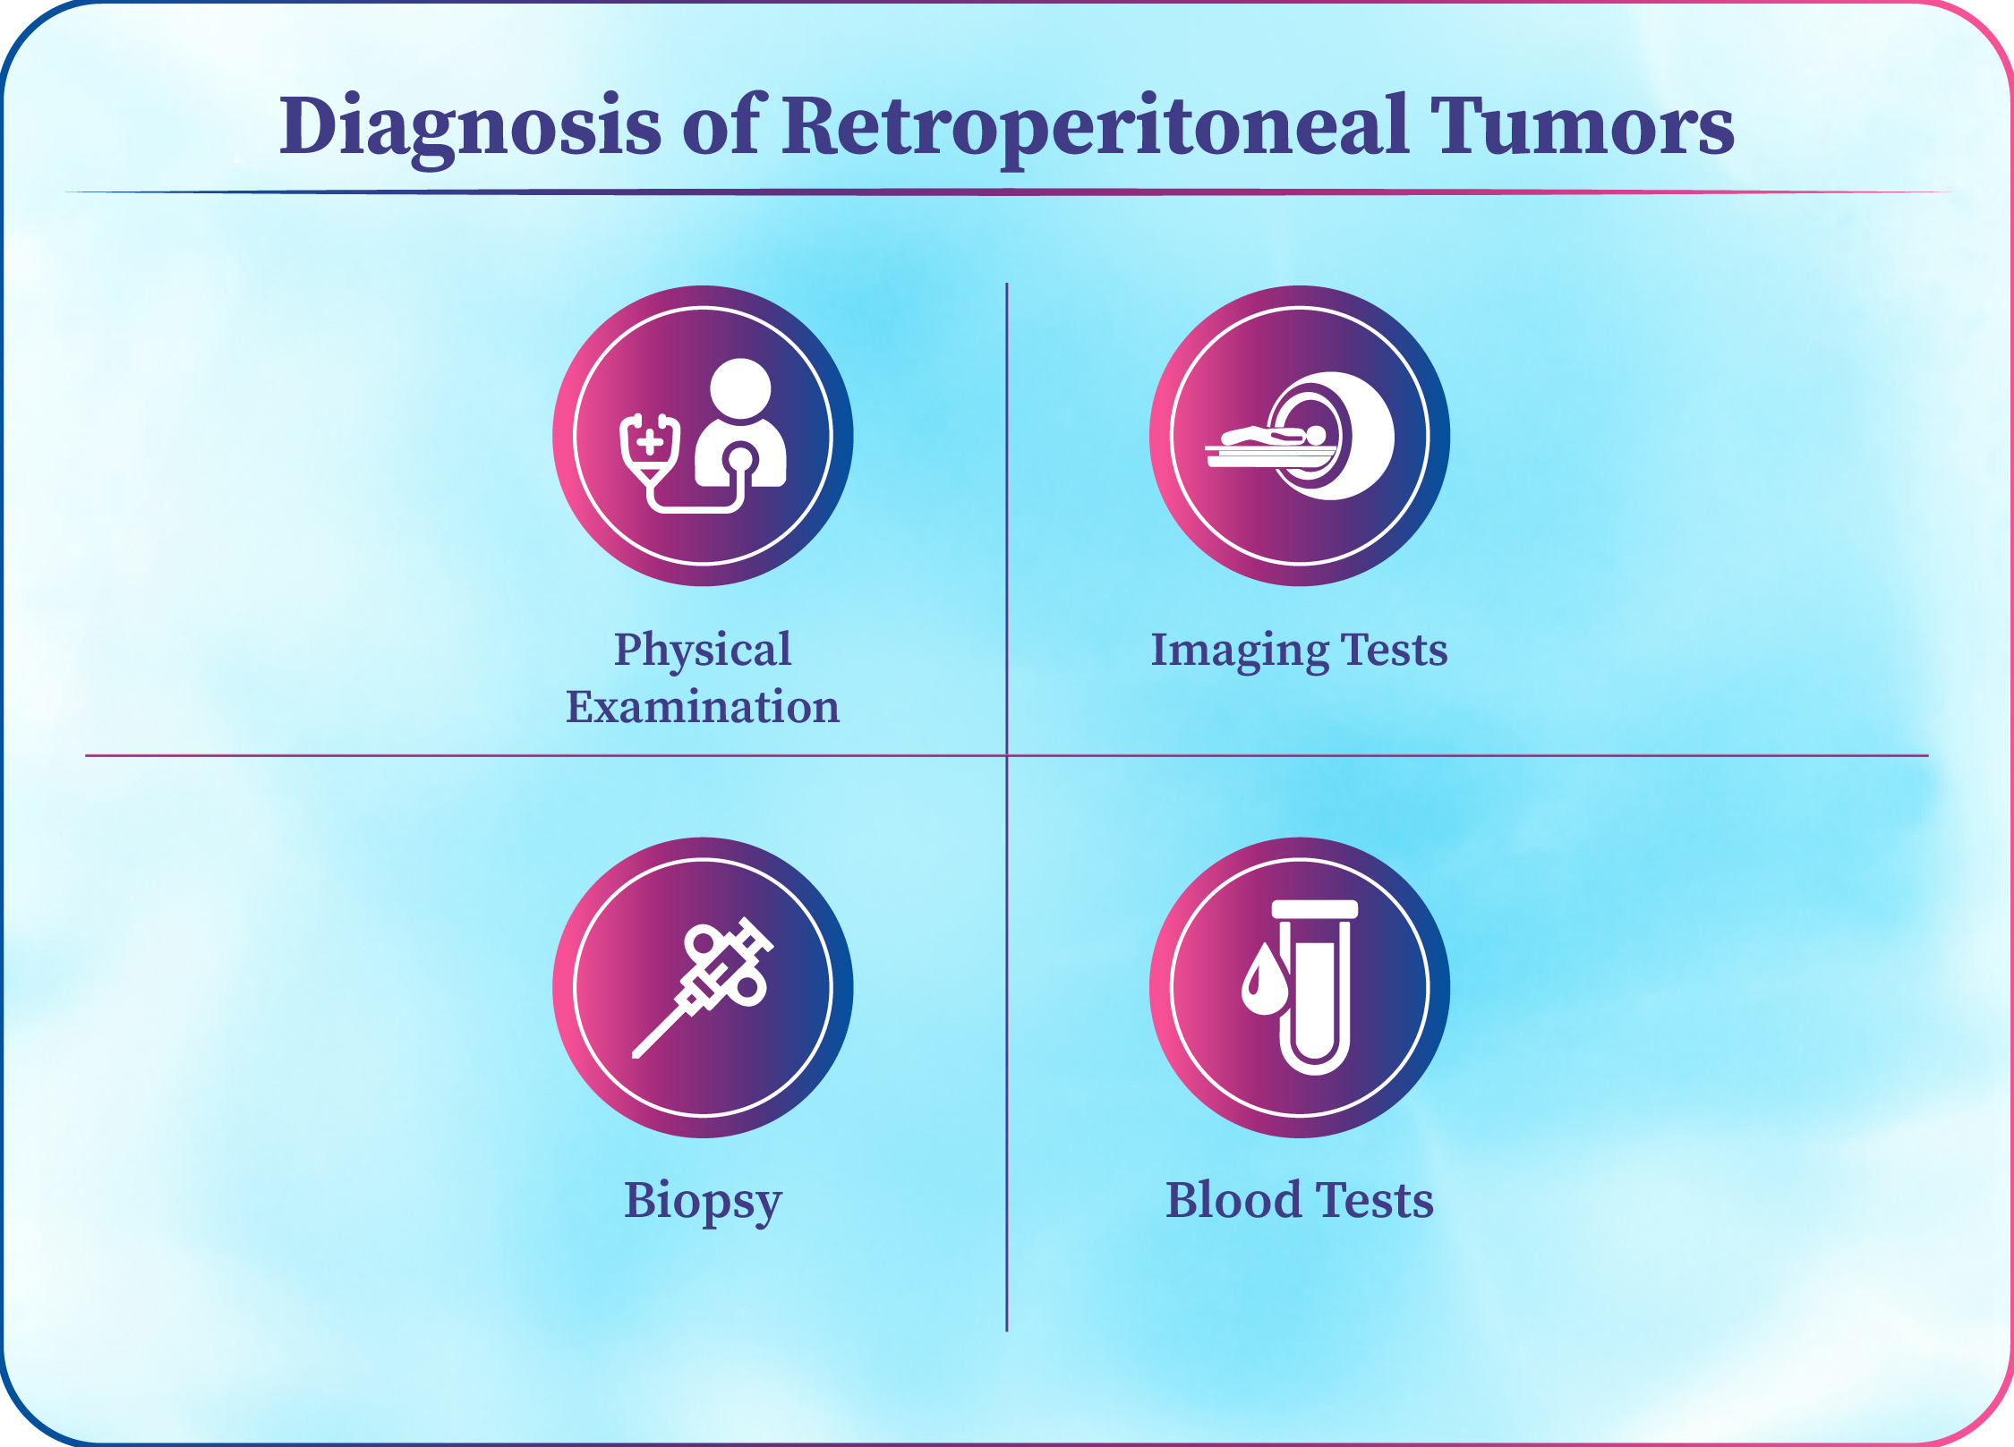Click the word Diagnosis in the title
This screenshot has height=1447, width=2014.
click(470, 128)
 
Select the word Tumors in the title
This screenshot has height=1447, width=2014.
click(1582, 126)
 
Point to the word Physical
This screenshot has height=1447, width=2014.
click(703, 651)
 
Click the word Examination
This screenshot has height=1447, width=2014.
click(703, 707)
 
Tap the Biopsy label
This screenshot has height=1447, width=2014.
click(703, 1202)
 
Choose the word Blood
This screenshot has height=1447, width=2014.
click(1233, 1200)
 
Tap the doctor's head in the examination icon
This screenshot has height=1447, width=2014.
click(740, 389)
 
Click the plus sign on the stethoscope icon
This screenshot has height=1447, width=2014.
click(650, 441)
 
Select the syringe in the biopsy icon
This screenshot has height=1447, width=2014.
click(703, 988)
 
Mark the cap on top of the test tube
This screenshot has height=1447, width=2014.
click(1315, 909)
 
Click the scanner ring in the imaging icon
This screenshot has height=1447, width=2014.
click(1331, 436)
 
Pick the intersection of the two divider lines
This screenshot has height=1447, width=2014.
click(1007, 755)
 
